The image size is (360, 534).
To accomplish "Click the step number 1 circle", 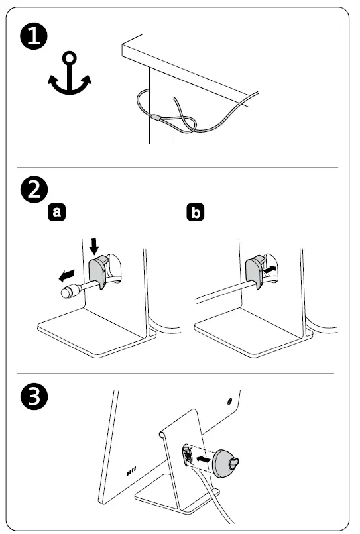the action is click(34, 36).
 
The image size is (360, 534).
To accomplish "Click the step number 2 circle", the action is click(34, 189).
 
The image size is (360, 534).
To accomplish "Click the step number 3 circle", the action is click(34, 396).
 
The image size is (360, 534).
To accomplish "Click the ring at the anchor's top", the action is click(70, 57).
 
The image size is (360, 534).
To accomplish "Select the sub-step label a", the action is click(56, 212).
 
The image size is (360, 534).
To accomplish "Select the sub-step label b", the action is click(196, 212).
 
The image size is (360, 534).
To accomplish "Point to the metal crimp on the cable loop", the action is click(157, 118).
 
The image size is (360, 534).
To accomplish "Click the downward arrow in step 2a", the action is click(94, 246).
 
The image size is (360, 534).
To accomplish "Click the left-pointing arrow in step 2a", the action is click(66, 275).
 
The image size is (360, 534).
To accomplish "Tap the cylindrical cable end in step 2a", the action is click(70, 292).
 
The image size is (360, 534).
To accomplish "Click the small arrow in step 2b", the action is click(270, 270).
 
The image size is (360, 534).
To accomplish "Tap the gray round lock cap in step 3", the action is click(225, 464).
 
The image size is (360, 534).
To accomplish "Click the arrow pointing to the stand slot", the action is click(203, 459).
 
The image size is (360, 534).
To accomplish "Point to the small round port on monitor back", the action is click(229, 401).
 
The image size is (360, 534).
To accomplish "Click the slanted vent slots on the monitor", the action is click(131, 471).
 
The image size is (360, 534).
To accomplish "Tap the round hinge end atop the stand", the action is click(162, 435).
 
